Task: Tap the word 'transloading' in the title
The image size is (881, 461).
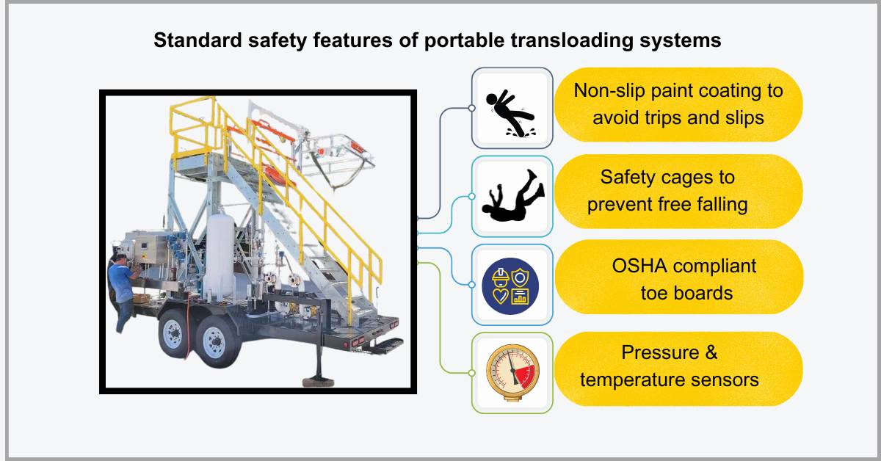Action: pyautogui.click(x=543, y=41)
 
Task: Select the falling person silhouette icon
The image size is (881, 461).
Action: pyautogui.click(x=512, y=198)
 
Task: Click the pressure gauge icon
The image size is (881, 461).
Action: pyautogui.click(x=511, y=371)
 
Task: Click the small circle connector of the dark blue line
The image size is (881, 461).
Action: pyautogui.click(x=471, y=108)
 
